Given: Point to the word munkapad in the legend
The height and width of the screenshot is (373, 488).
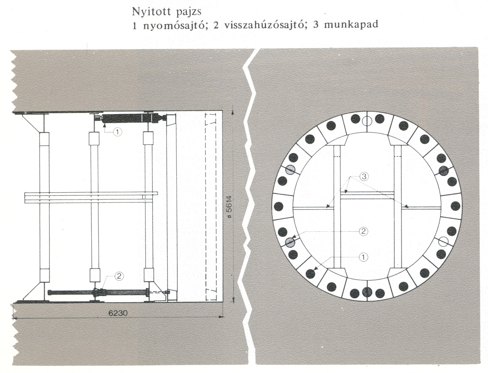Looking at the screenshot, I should [x=351, y=25].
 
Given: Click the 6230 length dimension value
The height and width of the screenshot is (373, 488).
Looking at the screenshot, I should [x=118, y=313].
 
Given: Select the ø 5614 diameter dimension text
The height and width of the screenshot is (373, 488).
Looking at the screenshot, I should [x=229, y=207].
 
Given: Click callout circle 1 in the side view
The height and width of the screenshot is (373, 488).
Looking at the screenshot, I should [x=118, y=132].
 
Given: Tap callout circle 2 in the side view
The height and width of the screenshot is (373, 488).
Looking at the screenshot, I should [x=119, y=276].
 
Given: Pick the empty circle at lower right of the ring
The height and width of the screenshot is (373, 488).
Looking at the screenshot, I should [x=444, y=241].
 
